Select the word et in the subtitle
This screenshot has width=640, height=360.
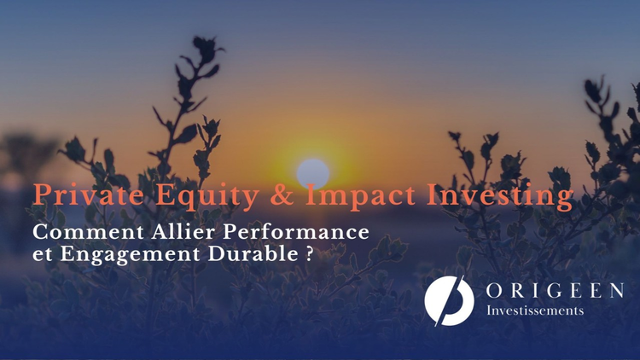(39, 253)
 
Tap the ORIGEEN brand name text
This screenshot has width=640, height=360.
(555, 292)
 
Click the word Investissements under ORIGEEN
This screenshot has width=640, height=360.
(535, 311)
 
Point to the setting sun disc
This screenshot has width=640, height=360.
(313, 171)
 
